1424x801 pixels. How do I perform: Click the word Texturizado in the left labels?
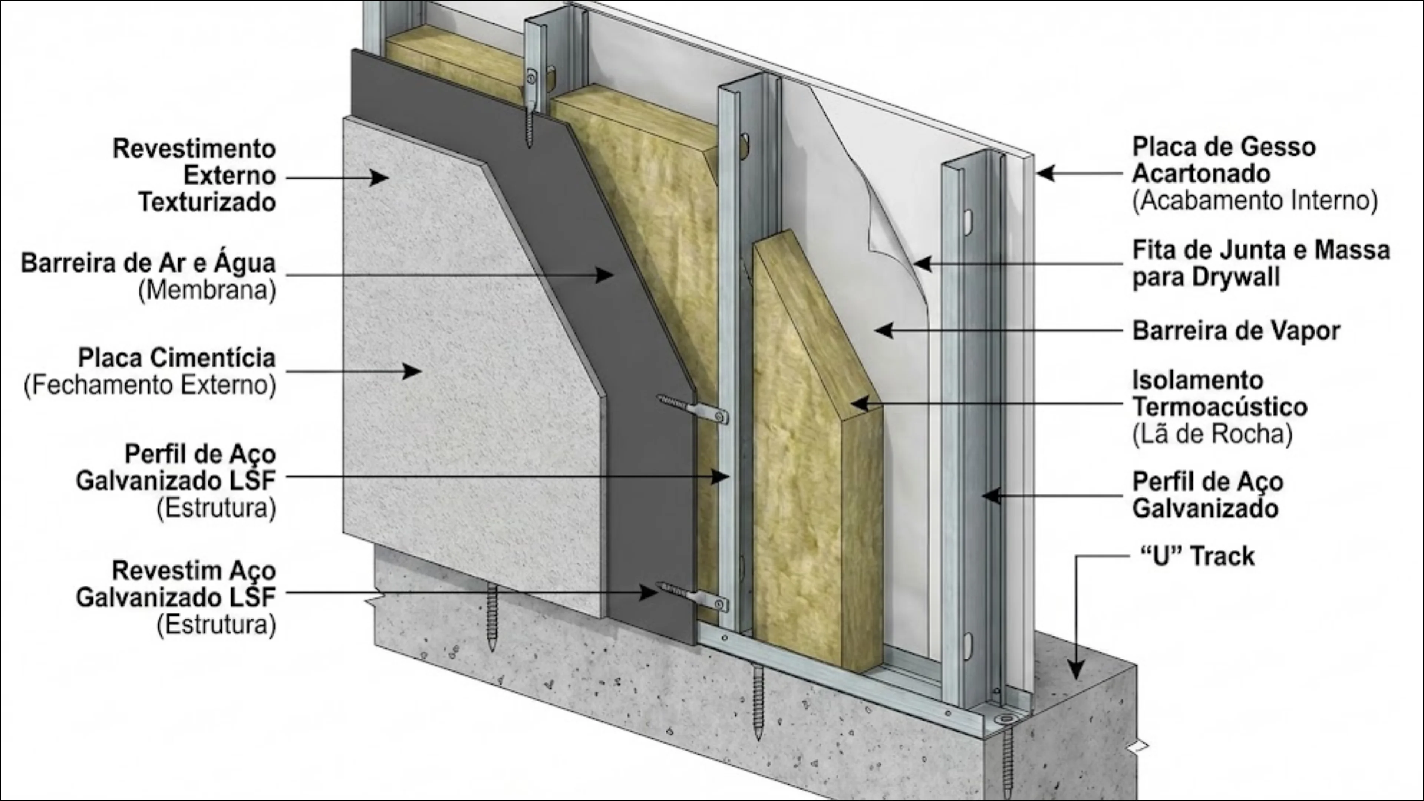click(207, 202)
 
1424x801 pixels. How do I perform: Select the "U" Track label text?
click(1197, 556)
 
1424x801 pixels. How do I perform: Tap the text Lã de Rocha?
click(1212, 435)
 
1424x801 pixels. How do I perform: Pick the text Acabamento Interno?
click(1255, 201)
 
